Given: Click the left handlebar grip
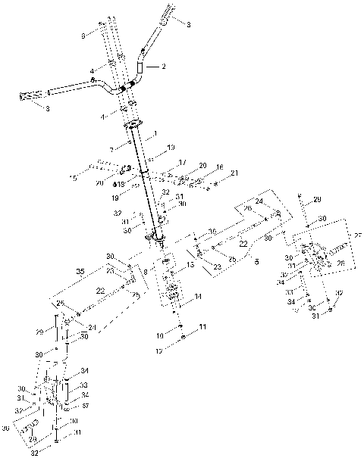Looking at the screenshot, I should [32, 95].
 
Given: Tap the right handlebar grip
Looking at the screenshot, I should [166, 14].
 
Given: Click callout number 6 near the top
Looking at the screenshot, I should [83, 35].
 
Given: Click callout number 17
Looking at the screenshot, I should [182, 162].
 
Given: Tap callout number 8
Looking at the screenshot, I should [146, 270].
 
